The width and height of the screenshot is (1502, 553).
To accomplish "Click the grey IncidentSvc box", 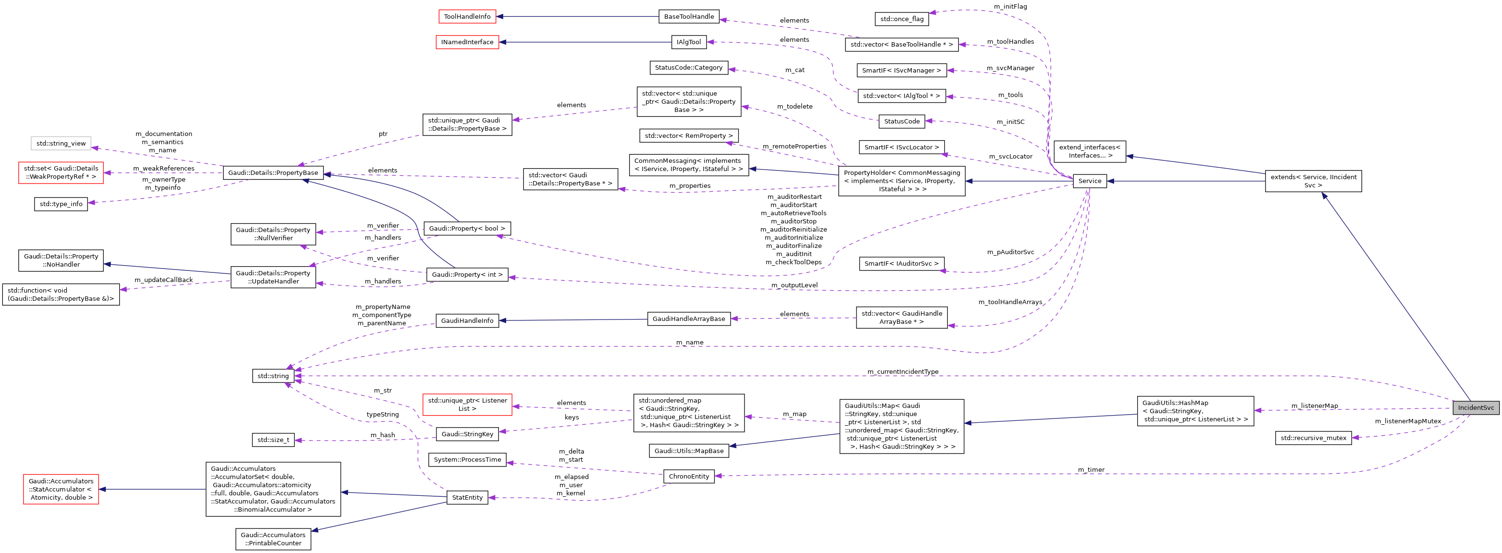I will (x=1475, y=407).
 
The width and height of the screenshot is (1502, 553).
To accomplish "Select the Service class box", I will (x=1089, y=181).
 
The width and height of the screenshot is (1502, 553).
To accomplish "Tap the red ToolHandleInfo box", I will (x=467, y=16).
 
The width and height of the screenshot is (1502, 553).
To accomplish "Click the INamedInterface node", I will (x=467, y=42).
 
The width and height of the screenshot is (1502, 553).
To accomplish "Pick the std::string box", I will (x=273, y=376).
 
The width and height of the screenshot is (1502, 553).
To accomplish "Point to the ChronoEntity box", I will (x=689, y=476).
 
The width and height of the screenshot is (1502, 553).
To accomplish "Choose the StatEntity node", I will (x=467, y=497).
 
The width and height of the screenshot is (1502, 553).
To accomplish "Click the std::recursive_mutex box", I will (x=1313, y=438).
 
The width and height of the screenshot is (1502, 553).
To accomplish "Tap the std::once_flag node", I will (x=901, y=19).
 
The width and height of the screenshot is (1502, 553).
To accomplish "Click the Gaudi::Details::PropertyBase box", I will (x=273, y=172).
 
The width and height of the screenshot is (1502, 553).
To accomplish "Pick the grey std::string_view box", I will (x=61, y=143).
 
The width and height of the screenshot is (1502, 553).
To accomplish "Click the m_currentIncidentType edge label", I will (x=903, y=371).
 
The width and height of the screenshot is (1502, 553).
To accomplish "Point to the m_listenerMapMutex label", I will (x=1407, y=421).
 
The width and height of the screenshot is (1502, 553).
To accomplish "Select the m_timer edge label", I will (x=1091, y=469).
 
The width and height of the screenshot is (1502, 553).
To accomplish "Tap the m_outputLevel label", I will (x=794, y=285).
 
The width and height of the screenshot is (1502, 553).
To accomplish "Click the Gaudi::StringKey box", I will (x=467, y=433).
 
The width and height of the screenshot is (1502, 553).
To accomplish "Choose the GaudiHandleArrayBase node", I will (x=689, y=319).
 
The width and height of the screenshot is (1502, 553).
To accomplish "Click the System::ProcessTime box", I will (x=467, y=459).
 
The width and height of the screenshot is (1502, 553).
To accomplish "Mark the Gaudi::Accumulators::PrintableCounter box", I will (x=273, y=539).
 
